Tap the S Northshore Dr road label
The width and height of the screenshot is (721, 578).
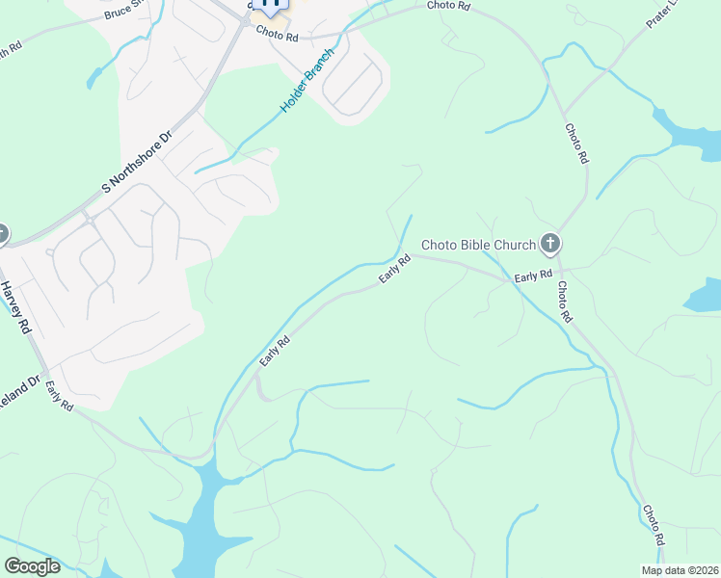tap(136, 162)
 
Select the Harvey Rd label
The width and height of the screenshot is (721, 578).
tap(13, 307)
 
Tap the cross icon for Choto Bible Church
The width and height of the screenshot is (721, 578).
tap(550, 243)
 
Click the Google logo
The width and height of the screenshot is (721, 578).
tap(32, 566)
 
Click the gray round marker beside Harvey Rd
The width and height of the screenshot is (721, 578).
tap(1, 234)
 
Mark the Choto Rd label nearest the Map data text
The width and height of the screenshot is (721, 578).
tap(654, 521)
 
